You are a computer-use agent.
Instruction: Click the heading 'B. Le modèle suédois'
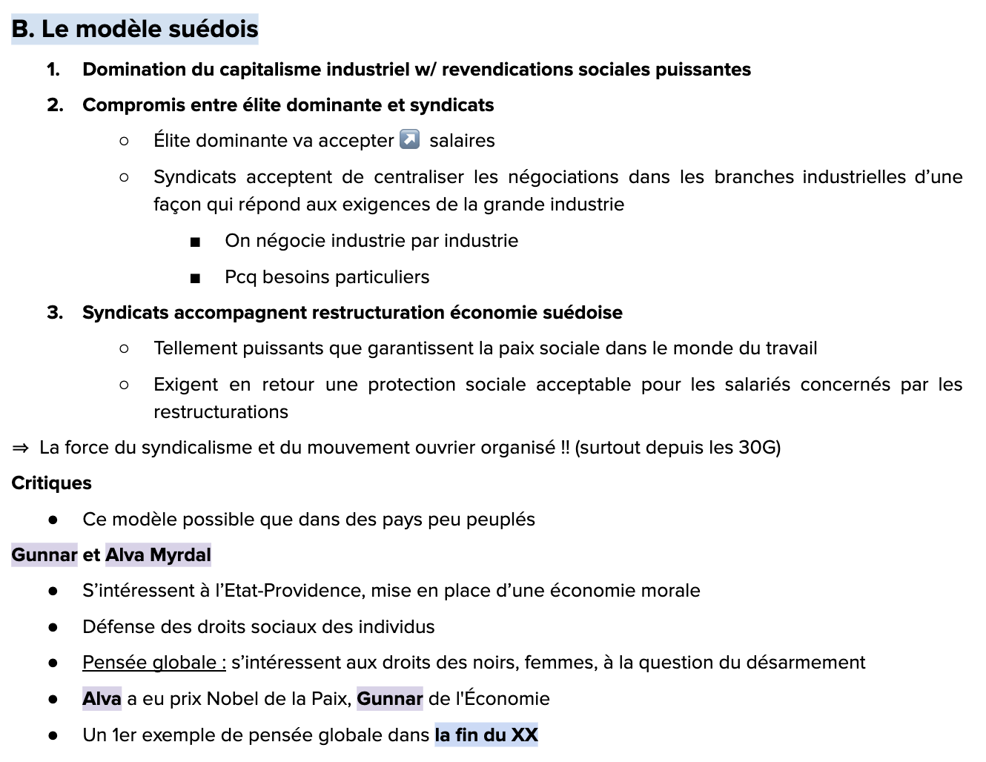[135, 29]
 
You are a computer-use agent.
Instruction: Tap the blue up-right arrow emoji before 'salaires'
[409, 139]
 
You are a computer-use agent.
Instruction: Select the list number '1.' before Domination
[53, 70]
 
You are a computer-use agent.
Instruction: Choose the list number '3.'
[54, 313]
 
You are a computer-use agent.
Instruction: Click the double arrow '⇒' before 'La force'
[21, 448]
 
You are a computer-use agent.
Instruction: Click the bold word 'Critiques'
[52, 483]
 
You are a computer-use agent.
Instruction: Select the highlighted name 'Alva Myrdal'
[158, 555]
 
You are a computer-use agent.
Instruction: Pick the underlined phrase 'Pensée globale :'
[154, 663]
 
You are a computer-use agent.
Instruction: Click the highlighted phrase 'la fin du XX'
[486, 735]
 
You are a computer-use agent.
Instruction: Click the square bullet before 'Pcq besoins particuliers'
[195, 278]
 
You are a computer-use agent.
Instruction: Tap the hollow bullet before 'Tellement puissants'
[124, 348]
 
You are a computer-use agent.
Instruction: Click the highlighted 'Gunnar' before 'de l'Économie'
[390, 699]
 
